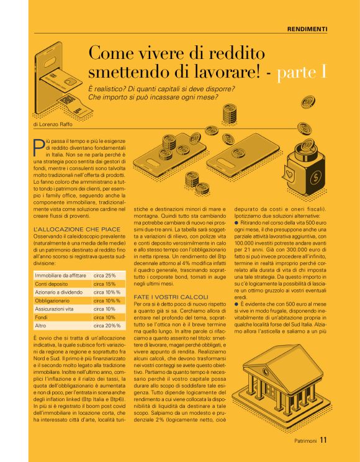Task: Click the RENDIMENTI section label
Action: tap(307, 29)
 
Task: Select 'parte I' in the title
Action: tap(302, 72)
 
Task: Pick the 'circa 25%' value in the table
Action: tap(104, 274)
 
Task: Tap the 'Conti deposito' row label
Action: tap(52, 283)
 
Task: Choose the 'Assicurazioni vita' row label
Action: tap(56, 309)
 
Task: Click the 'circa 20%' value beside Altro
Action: tap(107, 325)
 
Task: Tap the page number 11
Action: tap(323, 441)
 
